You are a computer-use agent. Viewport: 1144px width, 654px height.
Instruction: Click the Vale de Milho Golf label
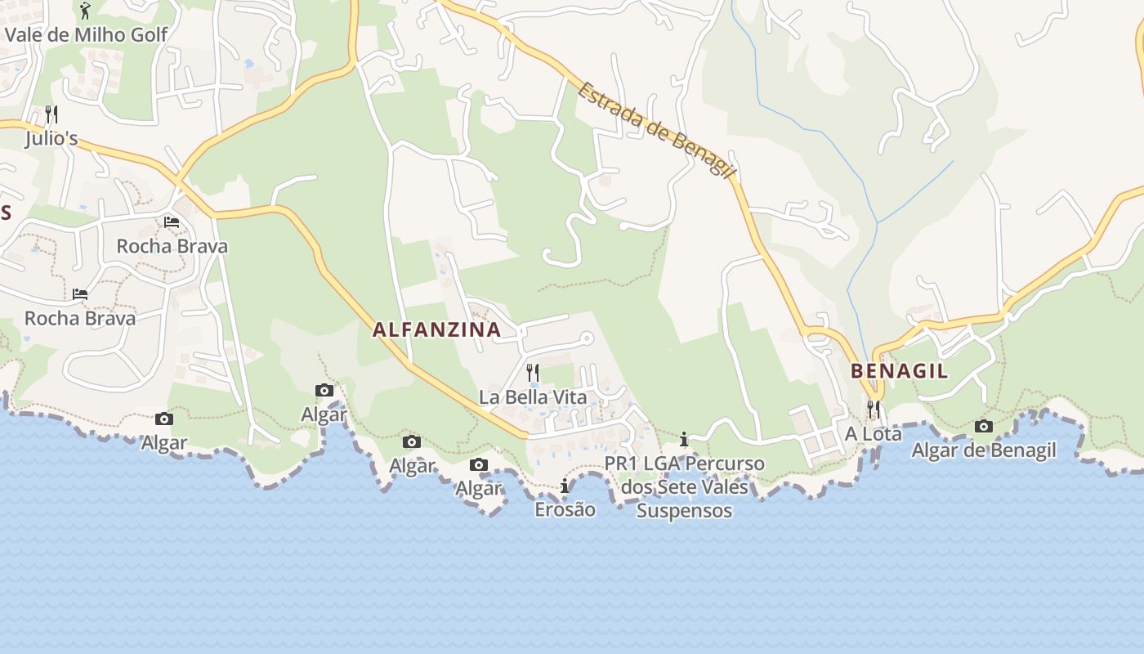(86, 34)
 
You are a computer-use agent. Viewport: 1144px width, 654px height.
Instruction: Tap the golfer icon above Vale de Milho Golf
(85, 11)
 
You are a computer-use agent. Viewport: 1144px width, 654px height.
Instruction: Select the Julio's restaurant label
(51, 138)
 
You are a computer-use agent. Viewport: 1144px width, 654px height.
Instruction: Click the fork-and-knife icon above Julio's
(51, 114)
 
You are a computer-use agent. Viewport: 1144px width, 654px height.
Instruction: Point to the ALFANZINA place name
(436, 329)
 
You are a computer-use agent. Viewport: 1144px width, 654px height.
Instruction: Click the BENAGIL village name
(899, 371)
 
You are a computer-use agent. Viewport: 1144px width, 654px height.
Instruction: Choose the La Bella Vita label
(533, 397)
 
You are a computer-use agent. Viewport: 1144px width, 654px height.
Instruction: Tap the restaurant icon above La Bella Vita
(533, 373)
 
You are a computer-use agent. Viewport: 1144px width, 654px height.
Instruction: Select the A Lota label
(873, 433)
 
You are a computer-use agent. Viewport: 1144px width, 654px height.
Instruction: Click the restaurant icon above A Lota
(874, 409)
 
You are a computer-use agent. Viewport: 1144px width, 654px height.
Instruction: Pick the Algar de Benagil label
(983, 450)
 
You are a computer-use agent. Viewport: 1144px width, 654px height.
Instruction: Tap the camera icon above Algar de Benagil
(984, 426)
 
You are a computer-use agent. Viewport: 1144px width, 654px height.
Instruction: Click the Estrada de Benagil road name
(656, 130)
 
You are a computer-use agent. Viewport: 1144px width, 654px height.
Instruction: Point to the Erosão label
(565, 509)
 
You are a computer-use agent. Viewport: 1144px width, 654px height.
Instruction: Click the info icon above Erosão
(565, 486)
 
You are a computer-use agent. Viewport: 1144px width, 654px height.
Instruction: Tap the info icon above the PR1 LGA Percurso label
(684, 440)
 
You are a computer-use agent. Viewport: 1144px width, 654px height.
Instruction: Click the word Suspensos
(684, 511)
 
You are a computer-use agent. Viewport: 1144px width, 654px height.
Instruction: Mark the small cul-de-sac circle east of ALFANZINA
(586, 338)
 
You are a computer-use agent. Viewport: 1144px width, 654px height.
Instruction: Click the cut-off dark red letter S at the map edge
(5, 213)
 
